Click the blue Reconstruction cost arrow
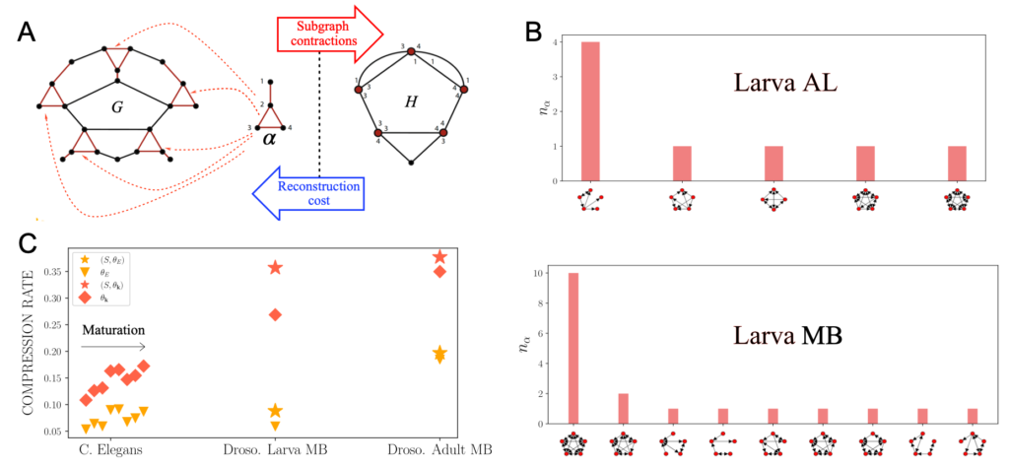coord(309,188)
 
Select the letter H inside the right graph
coord(411,101)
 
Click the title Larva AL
coord(785,83)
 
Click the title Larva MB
coord(785,335)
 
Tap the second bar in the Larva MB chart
coord(623,407)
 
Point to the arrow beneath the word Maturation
coord(113,347)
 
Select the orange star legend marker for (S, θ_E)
coord(86,259)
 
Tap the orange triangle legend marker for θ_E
coord(86,272)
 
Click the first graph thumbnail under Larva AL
coord(591,200)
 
